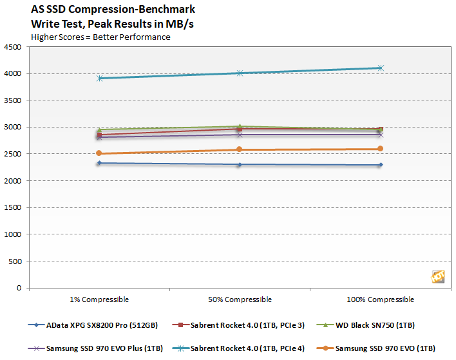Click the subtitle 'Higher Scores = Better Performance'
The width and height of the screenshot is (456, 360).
(100, 37)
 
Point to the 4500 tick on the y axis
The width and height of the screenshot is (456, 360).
(12, 47)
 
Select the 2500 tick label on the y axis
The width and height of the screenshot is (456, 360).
(12, 154)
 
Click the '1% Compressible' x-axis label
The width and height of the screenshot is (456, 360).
(99, 299)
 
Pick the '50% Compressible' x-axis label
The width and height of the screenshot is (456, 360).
(240, 299)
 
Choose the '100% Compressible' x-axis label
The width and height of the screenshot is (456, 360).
(380, 299)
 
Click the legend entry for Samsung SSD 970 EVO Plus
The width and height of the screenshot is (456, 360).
(97, 348)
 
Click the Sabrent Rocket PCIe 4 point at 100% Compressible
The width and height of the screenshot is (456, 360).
(380, 68)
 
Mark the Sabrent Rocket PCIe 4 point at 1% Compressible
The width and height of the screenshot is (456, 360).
(99, 79)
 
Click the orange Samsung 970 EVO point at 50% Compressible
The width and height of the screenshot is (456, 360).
(240, 149)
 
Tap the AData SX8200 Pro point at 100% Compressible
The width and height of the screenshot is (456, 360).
(380, 165)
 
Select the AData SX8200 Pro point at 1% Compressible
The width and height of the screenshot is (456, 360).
(99, 163)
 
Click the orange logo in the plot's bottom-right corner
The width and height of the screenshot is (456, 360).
(436, 275)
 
